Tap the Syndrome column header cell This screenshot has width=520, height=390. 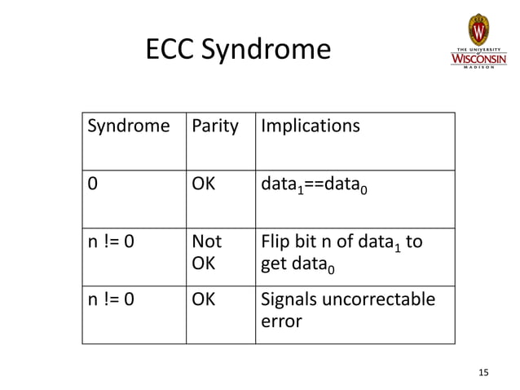pos(128,126)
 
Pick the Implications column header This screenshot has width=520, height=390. pos(309,126)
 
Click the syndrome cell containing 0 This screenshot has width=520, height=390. pos(92,184)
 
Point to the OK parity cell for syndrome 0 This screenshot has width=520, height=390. pos(203,184)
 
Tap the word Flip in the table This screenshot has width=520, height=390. pos(275,242)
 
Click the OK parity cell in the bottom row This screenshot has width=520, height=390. pos(203,299)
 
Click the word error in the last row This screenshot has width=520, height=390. pos(280,321)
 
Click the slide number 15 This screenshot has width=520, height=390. pos(483,373)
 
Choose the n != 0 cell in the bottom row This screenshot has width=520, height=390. pos(111,299)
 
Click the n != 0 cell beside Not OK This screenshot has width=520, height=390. pos(111,242)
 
